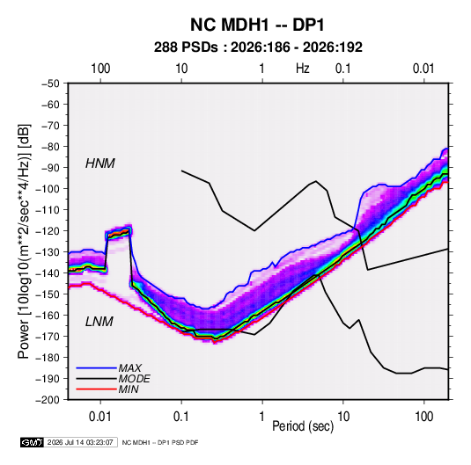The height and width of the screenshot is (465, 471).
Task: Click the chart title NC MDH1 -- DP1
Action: (257, 25)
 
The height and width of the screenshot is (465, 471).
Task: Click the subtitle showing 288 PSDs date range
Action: (258, 47)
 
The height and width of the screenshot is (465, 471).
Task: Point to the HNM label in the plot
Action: (100, 163)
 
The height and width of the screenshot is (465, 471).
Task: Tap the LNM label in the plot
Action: (99, 322)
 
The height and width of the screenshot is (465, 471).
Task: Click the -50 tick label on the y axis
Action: (50, 84)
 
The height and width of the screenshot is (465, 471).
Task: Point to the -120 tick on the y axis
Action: (48, 231)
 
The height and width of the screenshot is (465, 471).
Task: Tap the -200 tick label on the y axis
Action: (48, 400)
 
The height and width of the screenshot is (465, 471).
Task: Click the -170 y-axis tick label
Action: (48, 337)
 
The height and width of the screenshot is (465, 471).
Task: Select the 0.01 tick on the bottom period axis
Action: (100, 417)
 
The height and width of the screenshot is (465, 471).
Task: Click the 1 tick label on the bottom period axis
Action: (262, 417)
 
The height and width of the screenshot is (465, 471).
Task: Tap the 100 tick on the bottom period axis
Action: (423, 417)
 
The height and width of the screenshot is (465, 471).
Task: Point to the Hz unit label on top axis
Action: (303, 69)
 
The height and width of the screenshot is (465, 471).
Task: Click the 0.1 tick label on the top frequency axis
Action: (343, 69)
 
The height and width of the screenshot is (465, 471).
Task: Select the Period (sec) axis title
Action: (303, 426)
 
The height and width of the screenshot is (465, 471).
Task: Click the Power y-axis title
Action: (24, 241)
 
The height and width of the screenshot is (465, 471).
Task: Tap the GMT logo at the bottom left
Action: (32, 442)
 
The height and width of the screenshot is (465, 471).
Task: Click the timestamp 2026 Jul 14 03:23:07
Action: (80, 442)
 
